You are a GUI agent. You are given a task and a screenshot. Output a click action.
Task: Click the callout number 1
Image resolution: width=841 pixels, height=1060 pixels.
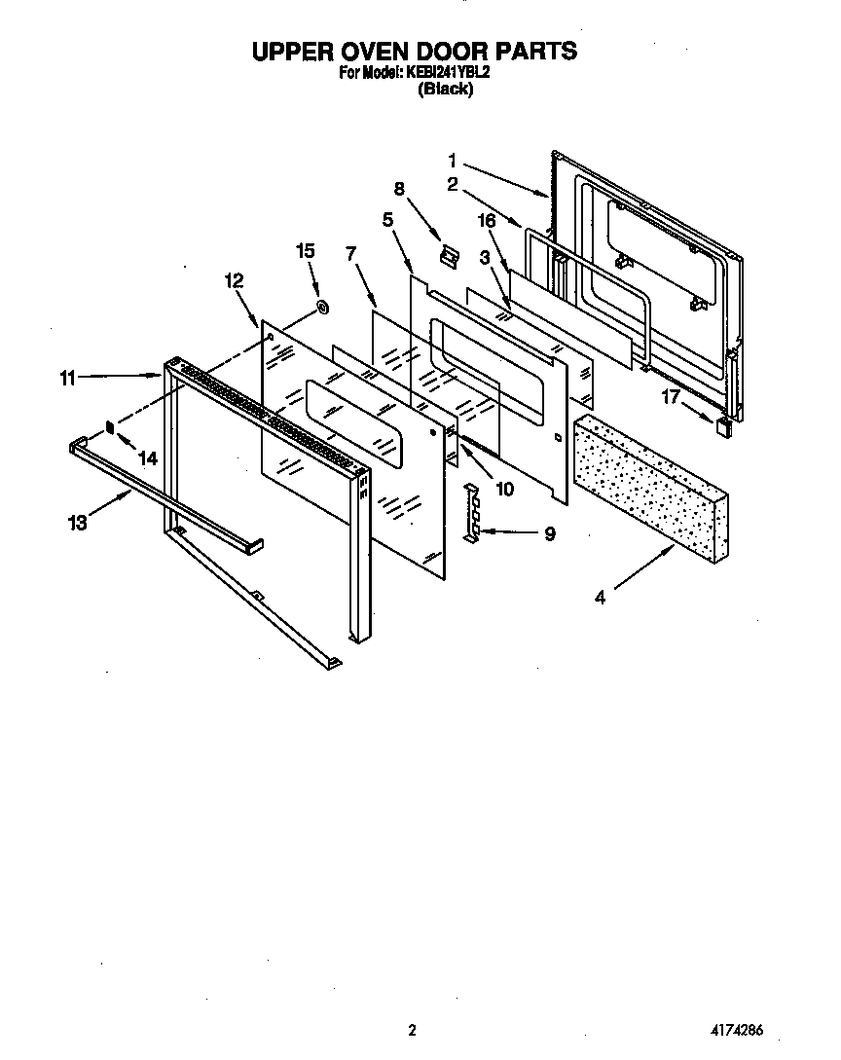click(453, 161)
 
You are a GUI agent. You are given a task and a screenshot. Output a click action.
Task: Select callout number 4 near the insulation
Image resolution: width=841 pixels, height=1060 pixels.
click(600, 598)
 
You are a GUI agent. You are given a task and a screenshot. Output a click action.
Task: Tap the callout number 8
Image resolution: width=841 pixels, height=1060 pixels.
click(399, 188)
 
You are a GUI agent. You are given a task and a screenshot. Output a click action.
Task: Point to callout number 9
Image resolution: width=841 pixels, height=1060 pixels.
click(550, 533)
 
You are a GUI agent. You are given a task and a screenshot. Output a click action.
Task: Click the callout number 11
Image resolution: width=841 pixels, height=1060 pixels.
click(67, 379)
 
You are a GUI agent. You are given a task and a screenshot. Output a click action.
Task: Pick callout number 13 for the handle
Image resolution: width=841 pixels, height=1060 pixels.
click(78, 523)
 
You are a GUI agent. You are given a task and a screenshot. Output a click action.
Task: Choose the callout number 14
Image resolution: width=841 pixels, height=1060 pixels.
click(147, 457)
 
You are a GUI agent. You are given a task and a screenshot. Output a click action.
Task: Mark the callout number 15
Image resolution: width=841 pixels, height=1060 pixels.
click(305, 251)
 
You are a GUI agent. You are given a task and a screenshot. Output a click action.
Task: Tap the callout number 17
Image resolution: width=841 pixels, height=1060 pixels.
click(671, 396)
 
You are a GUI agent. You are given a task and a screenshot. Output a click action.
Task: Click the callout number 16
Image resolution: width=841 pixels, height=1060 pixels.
click(487, 222)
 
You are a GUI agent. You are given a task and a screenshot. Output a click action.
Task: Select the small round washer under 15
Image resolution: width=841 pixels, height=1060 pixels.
click(322, 309)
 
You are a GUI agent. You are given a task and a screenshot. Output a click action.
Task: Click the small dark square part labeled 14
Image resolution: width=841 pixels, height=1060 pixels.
click(111, 425)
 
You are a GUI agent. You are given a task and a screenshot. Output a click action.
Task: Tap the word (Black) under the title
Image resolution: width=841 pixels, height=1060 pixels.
click(445, 90)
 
